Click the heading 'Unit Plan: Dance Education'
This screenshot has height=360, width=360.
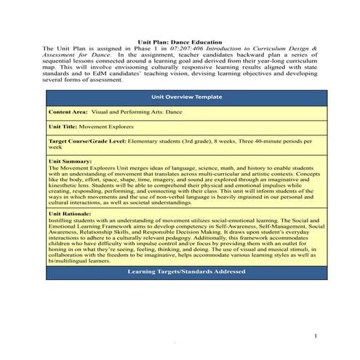(180, 43)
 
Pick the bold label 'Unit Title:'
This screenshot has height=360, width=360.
(65, 127)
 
